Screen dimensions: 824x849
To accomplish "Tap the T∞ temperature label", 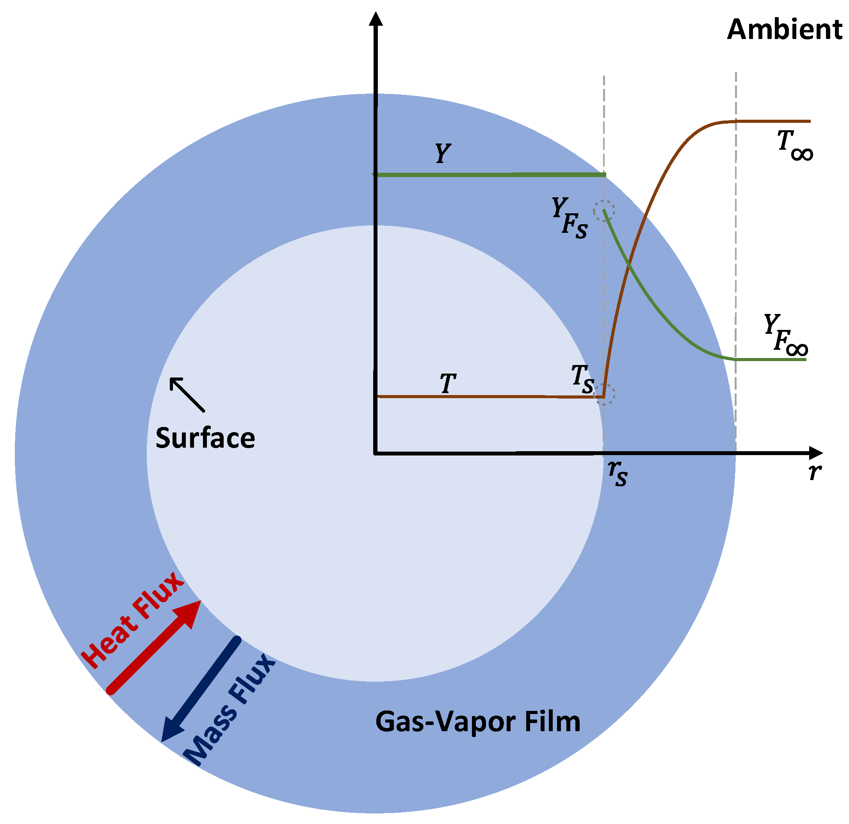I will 794,146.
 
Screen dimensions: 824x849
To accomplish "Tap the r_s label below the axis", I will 617,473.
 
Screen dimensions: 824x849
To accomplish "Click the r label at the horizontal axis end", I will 815,471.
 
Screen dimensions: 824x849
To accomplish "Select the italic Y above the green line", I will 443,153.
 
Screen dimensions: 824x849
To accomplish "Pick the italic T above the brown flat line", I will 448,383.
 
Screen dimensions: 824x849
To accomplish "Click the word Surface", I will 205,438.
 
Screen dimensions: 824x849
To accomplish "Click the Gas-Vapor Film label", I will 477,721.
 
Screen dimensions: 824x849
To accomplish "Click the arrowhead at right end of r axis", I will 815,453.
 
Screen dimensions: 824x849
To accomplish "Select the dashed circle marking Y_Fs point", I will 604,211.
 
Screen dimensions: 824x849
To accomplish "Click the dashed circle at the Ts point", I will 605,394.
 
